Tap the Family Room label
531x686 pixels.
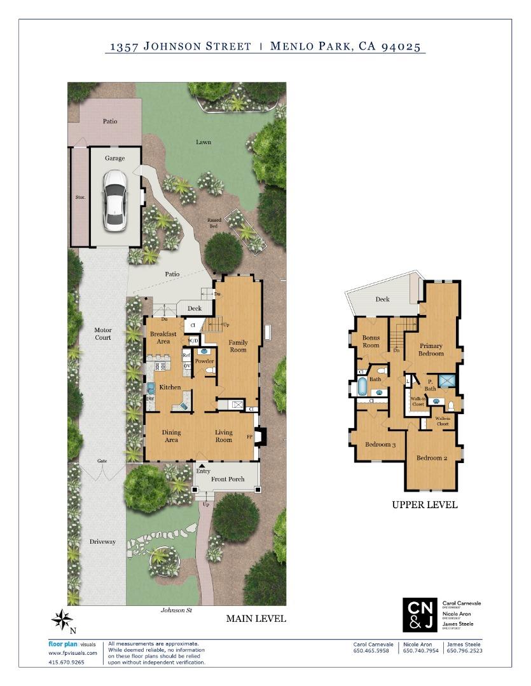tap(238, 346)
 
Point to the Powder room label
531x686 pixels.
tap(204, 361)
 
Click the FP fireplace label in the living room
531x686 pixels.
tap(249, 437)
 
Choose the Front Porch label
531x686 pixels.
tap(228, 479)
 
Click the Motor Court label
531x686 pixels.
tap(103, 333)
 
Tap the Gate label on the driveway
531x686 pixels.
tap(102, 461)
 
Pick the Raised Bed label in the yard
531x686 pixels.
tap(214, 223)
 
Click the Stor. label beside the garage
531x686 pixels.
tap(79, 198)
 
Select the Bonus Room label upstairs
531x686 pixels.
tap(371, 342)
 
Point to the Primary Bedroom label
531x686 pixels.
tap(431, 350)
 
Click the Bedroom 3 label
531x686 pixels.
tap(380, 444)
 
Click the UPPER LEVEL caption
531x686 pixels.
tap(424, 506)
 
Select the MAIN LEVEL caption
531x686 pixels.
tap(256, 619)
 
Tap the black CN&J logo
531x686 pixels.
tap(420, 615)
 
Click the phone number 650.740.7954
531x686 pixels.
tap(420, 650)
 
